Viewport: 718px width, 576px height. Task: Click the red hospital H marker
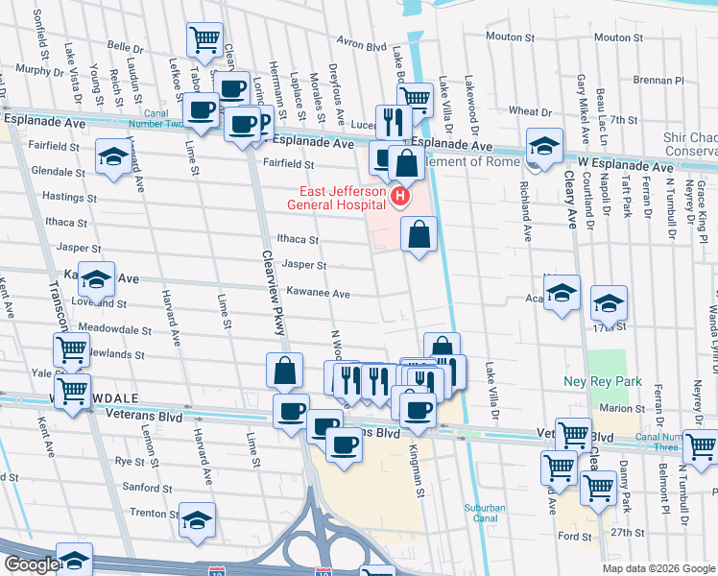point(400,197)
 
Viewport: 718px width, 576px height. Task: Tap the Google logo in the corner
point(32,564)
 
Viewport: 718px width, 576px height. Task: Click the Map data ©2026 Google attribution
point(658,568)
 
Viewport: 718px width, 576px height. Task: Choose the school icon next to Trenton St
point(198,519)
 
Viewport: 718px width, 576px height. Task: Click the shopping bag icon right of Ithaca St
point(419,233)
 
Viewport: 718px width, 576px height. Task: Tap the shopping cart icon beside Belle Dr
point(204,39)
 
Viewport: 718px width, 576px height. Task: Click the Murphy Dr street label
point(39,70)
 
